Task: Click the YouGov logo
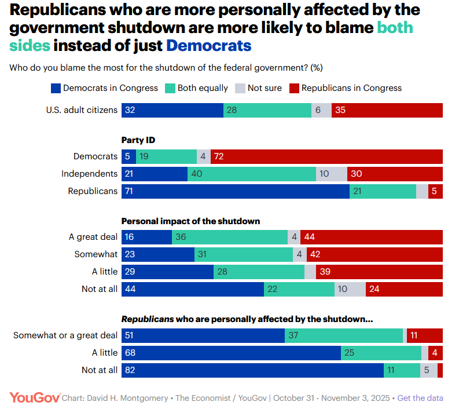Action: pyautogui.click(x=35, y=397)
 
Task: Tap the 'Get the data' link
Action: pyautogui.click(x=420, y=398)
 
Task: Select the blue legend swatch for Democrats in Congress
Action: pyautogui.click(x=56, y=88)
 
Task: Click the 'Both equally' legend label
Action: pyautogui.click(x=203, y=88)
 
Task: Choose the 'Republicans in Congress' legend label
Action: pyautogui.click(x=351, y=88)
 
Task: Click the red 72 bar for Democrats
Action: pyautogui.click(x=327, y=156)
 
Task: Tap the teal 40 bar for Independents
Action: pyautogui.click(x=252, y=174)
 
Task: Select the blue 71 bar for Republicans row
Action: pyautogui.click(x=235, y=191)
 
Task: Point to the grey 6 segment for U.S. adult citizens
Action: pyautogui.click(x=321, y=110)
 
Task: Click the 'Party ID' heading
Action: pyautogui.click(x=138, y=140)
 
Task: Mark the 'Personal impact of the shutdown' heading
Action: pyautogui.click(x=190, y=221)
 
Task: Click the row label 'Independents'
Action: pyautogui.click(x=90, y=174)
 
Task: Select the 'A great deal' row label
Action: pyautogui.click(x=93, y=237)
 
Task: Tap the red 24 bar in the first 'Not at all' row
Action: pyautogui.click(x=404, y=289)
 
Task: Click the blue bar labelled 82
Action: pyautogui.click(x=252, y=370)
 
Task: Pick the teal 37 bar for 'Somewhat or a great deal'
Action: pyautogui.click(x=344, y=335)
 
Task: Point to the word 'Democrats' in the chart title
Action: pyautogui.click(x=208, y=46)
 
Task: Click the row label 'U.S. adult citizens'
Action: pyautogui.click(x=82, y=110)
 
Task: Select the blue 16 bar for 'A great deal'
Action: pyautogui.click(x=146, y=237)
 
